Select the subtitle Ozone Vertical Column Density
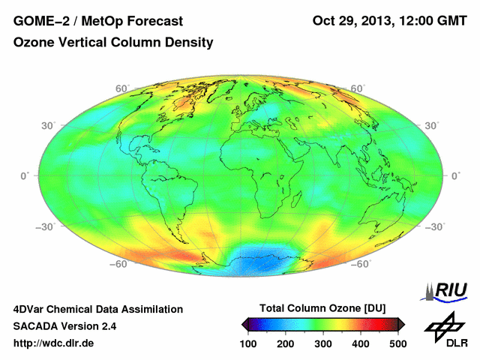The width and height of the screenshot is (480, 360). coord(113,43)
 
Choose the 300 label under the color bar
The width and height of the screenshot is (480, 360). coord(323,343)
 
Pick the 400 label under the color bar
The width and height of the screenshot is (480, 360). coord(360,343)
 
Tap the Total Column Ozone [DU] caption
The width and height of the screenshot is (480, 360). coord(322,308)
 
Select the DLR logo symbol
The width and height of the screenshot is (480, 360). coord(442,325)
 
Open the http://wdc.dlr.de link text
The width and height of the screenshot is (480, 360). coord(54,343)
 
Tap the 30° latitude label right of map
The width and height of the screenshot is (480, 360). coord(432,124)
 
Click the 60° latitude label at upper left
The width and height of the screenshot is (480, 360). coord(120,88)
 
